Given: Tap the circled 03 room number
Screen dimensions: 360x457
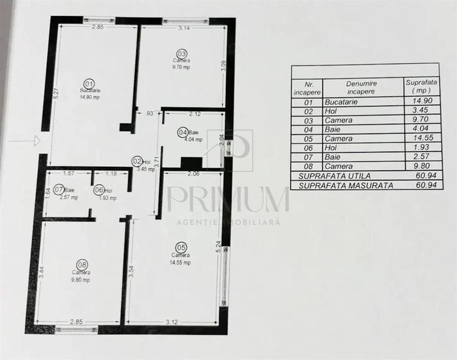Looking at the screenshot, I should click(x=182, y=53).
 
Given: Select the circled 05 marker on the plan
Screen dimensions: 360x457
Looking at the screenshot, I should click(x=180, y=247).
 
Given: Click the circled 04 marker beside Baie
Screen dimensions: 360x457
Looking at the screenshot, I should click(x=182, y=132).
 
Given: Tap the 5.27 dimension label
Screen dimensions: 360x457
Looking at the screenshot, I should click(x=56, y=94).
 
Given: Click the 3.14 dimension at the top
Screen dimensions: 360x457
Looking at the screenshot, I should click(x=184, y=28).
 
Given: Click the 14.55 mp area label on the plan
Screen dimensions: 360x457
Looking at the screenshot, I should click(x=181, y=261).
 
